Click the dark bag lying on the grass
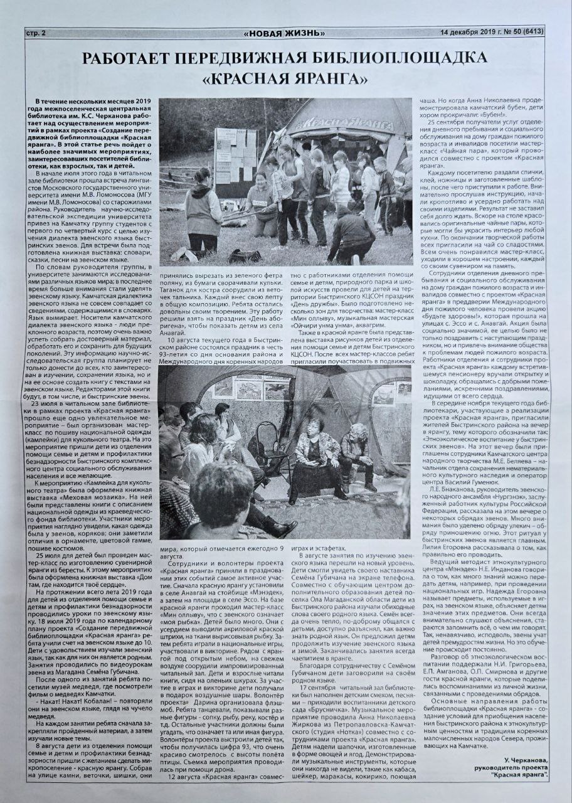point(245,256)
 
